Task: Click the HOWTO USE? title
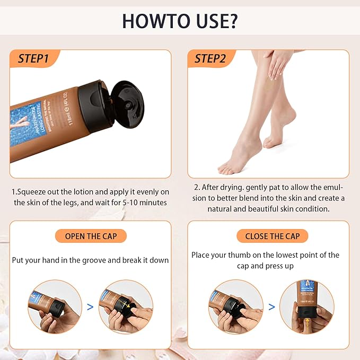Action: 180,21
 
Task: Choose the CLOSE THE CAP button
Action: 272,236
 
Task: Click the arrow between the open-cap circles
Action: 90,306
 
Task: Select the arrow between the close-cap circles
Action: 271,306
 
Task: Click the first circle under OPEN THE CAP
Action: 55,306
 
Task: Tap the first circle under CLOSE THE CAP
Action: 235,306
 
